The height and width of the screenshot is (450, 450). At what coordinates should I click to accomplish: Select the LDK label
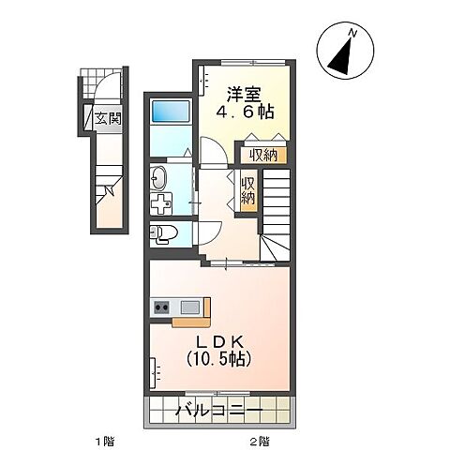point(218,339)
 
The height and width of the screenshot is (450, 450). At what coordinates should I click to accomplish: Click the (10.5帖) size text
point(218,359)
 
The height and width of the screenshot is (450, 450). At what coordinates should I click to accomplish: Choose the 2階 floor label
point(260,440)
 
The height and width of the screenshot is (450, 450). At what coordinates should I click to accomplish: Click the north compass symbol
point(341,52)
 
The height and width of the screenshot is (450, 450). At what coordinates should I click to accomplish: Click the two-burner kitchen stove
point(161,306)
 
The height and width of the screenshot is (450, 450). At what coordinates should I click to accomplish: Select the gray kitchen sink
point(190,306)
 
